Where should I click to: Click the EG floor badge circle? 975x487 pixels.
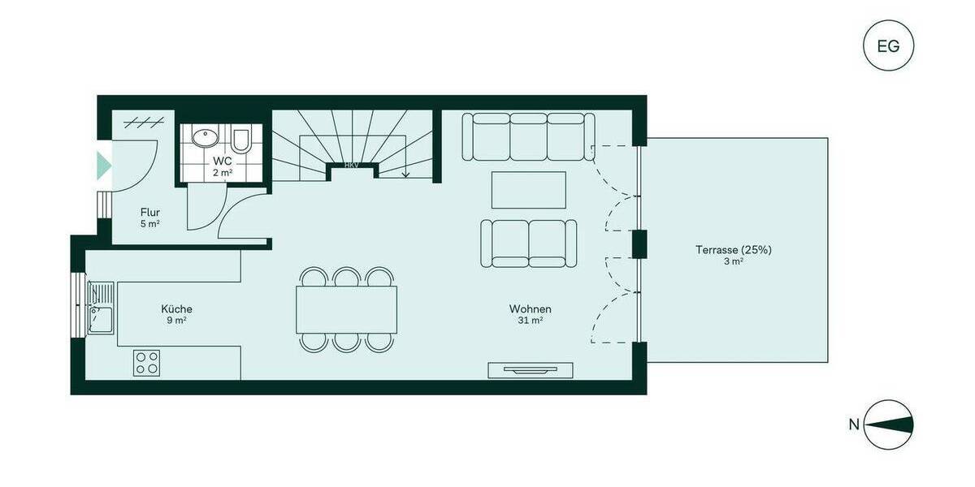click(888, 45)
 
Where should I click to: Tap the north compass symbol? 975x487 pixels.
click(888, 424)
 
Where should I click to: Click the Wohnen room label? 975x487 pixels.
click(531, 309)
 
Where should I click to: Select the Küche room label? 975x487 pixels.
click(176, 309)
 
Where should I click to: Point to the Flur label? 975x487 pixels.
click(149, 213)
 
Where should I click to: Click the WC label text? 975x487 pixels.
click(222, 161)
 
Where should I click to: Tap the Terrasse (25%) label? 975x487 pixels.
click(733, 250)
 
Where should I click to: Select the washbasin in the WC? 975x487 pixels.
click(203, 137)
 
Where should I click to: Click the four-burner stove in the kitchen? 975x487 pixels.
click(147, 362)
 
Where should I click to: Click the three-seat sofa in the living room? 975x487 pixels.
click(523, 137)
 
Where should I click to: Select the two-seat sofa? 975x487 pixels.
click(529, 243)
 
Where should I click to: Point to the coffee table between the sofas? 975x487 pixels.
click(529, 190)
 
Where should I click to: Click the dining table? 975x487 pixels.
click(347, 309)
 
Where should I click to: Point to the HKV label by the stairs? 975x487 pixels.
click(352, 165)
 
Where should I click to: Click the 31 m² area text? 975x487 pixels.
click(531, 321)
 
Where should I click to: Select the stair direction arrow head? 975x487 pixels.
click(405, 173)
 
